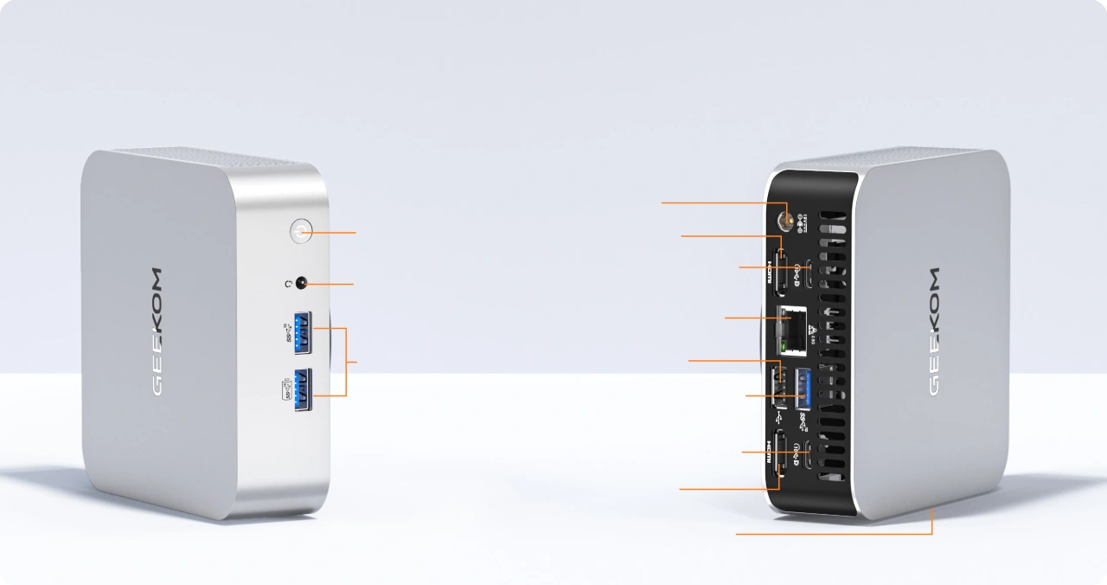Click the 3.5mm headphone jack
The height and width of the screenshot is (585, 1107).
click(303, 283)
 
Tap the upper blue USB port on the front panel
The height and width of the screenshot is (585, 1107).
click(302, 332)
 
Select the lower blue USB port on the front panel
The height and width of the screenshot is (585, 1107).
click(303, 389)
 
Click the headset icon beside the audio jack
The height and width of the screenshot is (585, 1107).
click(288, 283)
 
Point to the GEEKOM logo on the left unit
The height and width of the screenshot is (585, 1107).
click(157, 331)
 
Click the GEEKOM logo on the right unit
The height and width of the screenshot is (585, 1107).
click(933, 331)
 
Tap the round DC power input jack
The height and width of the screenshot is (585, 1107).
click(785, 220)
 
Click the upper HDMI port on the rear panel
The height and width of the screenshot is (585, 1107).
click(779, 270)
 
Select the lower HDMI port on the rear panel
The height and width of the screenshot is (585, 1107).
click(779, 453)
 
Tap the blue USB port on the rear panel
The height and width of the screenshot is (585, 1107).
click(802, 387)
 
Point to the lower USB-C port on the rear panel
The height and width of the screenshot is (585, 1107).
click(808, 453)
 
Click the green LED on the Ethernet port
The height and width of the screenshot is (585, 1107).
click(784, 347)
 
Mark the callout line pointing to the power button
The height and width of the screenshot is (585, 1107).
click(333, 232)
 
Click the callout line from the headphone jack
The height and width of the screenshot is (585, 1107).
click(332, 284)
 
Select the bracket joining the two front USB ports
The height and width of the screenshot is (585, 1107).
click(346, 362)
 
